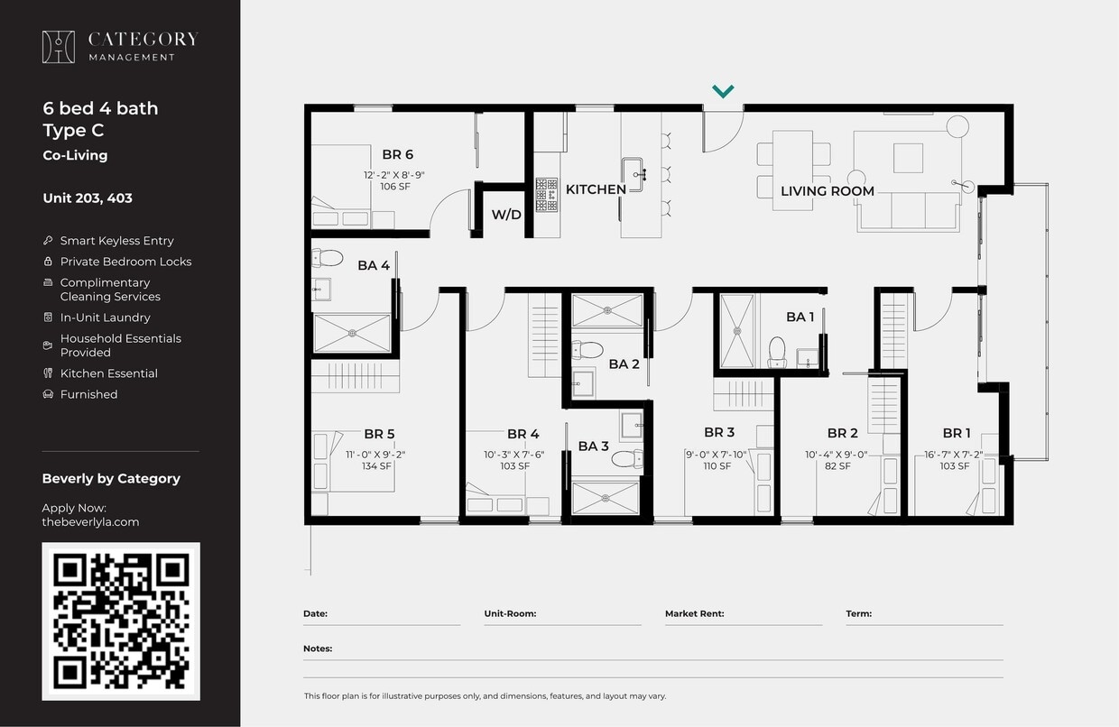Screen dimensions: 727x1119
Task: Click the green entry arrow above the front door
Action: (x=723, y=91)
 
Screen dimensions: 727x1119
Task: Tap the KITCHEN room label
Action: (x=596, y=189)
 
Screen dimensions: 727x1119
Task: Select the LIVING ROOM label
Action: (x=827, y=191)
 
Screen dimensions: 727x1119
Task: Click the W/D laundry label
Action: (x=506, y=215)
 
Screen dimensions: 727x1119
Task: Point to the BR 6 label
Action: (x=397, y=155)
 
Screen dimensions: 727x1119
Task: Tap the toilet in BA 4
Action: (x=328, y=259)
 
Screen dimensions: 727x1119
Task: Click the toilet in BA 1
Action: (x=777, y=351)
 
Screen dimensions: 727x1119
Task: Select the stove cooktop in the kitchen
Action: (x=547, y=194)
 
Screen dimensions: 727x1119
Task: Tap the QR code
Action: (x=121, y=621)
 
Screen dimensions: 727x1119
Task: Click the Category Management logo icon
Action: (x=59, y=47)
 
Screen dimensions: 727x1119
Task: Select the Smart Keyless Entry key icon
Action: (x=48, y=241)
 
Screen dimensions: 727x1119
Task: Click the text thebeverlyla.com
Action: (x=90, y=521)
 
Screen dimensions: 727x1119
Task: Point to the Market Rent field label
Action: (x=694, y=613)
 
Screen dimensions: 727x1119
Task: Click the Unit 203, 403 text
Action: (x=88, y=198)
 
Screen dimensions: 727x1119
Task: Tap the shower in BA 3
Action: (x=606, y=496)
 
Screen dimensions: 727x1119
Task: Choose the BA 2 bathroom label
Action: (x=624, y=364)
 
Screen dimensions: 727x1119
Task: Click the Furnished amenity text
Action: (x=88, y=394)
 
